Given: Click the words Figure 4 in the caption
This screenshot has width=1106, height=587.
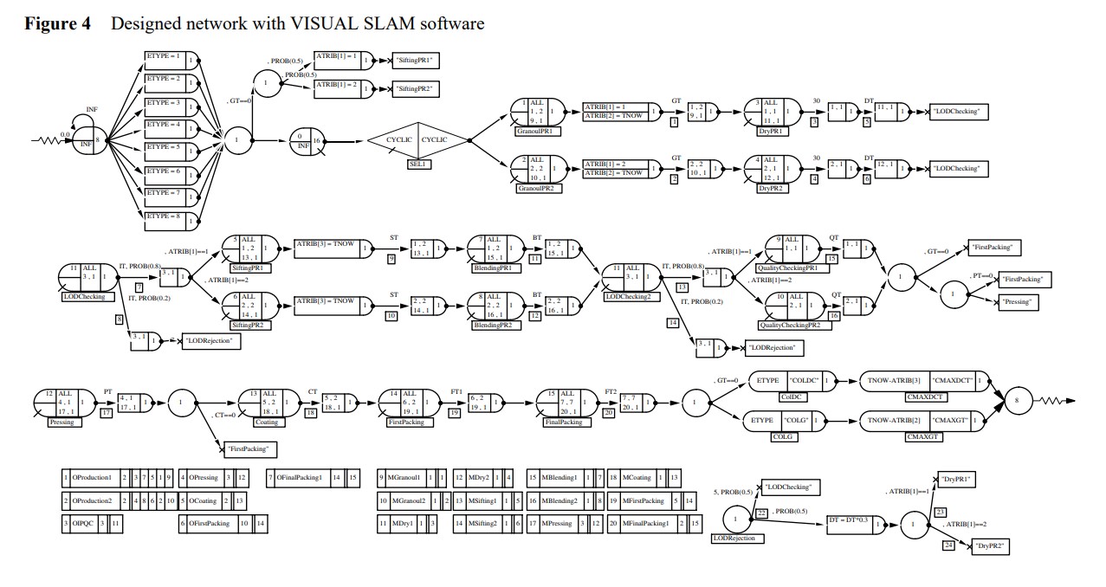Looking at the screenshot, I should pyautogui.click(x=57, y=23).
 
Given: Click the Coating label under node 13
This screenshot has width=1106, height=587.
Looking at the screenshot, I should pyautogui.click(x=266, y=422).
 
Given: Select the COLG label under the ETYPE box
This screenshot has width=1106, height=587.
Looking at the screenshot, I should pyautogui.click(x=783, y=437).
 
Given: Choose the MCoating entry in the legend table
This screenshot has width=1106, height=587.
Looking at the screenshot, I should pyautogui.click(x=637, y=478).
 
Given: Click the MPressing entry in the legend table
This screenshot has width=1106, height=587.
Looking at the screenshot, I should pyautogui.click(x=557, y=524).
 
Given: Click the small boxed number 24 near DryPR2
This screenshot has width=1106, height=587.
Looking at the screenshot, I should pyautogui.click(x=948, y=545).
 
